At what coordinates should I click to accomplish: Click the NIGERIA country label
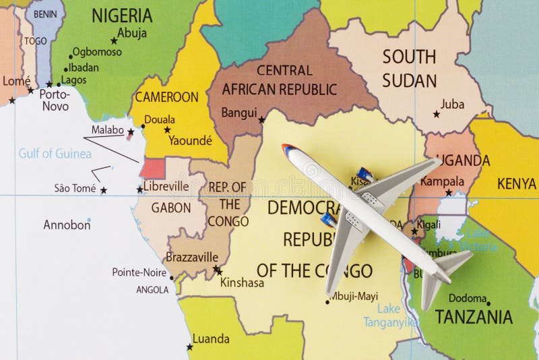point(122,16)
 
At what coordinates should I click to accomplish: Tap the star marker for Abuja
point(114,41)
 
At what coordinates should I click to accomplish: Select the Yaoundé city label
point(190,140)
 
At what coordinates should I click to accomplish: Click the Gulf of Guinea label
point(55,154)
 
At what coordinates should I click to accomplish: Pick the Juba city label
point(452,104)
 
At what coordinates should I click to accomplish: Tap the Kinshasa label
point(242,283)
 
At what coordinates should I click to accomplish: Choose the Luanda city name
point(211,338)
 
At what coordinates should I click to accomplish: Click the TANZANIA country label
point(473,317)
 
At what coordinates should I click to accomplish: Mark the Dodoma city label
point(468,298)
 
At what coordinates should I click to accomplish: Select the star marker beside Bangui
point(261,120)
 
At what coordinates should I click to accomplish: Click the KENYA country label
point(517,183)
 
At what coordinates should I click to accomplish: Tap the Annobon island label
point(67,225)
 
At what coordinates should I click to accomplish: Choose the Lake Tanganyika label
point(387,316)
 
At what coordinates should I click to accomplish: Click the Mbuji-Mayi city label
point(354,296)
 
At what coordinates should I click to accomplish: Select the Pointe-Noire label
point(140,272)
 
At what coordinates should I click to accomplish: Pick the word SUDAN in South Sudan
point(410,81)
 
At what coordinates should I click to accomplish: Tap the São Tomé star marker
point(103,191)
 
